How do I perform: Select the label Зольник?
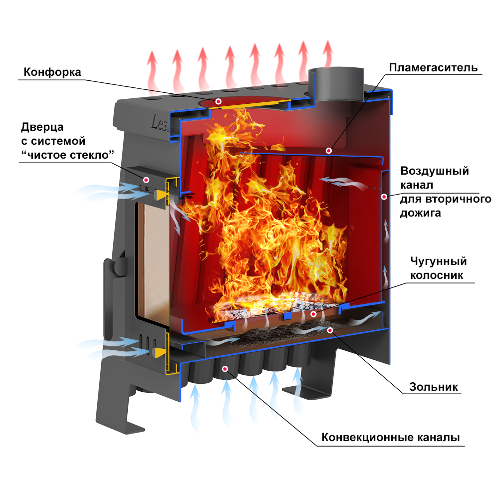click(x=433, y=386)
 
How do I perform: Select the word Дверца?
click(x=41, y=127)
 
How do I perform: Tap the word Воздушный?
click(x=435, y=171)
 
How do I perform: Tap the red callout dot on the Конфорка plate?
click(x=218, y=102)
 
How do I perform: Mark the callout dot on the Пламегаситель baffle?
click(x=329, y=150)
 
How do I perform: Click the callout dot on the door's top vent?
click(x=146, y=180)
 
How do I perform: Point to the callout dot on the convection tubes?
click(x=226, y=369)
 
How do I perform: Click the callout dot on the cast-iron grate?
click(x=313, y=314)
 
